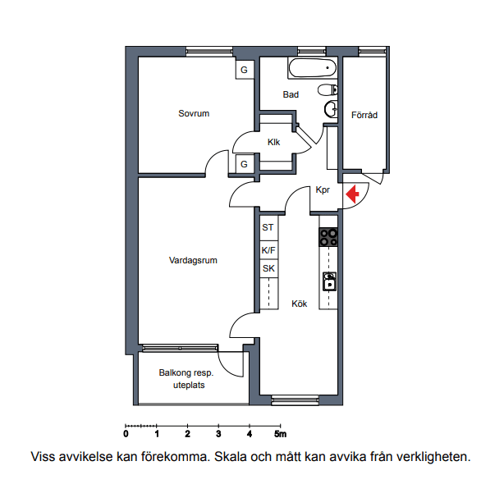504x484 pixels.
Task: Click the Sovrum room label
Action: tap(194, 113)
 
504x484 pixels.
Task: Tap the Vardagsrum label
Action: tap(193, 260)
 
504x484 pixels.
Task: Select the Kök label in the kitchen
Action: tap(300, 304)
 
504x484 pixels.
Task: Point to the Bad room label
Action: tap(291, 94)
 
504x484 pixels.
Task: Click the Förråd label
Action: tap(364, 115)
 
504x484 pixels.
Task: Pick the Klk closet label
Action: tap(274, 142)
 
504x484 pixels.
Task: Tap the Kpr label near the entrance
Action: tap(323, 189)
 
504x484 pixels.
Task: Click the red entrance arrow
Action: tap(352, 194)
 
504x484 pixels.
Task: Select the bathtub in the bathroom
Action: tap(313, 68)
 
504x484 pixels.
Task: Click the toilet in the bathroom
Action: tap(328, 89)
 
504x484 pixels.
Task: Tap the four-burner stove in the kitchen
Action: tap(328, 237)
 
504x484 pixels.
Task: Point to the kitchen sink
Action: tap(329, 281)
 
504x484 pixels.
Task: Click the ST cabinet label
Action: tap(268, 227)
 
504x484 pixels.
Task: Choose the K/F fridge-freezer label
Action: tap(268, 250)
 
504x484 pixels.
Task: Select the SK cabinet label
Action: tap(268, 268)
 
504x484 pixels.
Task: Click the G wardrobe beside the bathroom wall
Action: tap(245, 70)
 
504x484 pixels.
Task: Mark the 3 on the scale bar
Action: tap(218, 434)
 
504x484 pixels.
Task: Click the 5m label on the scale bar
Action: tap(280, 434)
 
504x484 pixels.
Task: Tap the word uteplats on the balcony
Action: tap(189, 385)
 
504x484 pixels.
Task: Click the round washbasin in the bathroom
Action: tap(331, 109)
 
